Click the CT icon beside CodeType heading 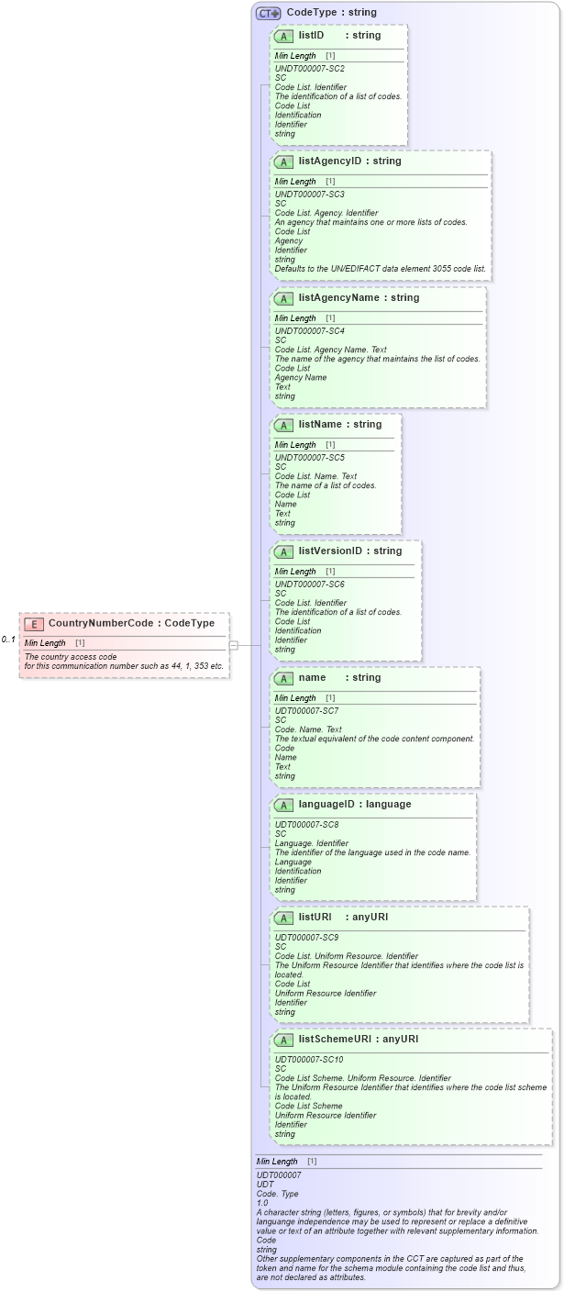point(268,13)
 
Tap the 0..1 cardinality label point(8,640)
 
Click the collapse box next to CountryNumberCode point(234,645)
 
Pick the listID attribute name point(311,35)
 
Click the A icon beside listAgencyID point(283,161)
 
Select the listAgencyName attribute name point(338,297)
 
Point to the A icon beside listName point(283,425)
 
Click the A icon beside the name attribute point(283,678)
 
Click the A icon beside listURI point(283,918)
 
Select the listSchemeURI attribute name point(337,1039)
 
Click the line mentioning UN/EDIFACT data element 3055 point(381,269)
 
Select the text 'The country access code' point(71,656)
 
